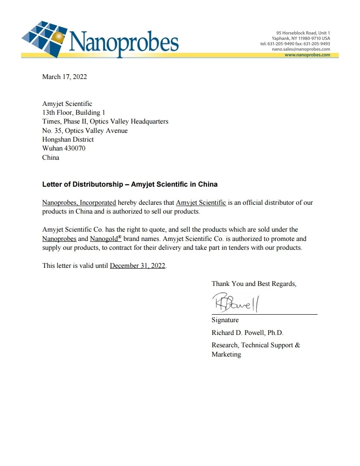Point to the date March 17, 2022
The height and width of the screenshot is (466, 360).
point(64,77)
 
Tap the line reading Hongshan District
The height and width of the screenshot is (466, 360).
point(68,139)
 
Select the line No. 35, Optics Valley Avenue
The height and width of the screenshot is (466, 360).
point(85,131)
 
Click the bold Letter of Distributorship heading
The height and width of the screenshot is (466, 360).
point(130,184)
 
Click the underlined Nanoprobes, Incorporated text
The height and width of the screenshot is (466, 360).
point(79,203)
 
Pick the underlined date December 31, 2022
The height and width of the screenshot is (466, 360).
point(138,266)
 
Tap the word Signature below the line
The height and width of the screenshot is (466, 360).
point(225,320)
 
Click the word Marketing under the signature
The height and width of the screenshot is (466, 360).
point(226,354)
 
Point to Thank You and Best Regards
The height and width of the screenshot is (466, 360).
point(254,284)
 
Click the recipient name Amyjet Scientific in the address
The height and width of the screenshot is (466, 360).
point(67,104)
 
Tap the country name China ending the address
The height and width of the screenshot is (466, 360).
point(51,158)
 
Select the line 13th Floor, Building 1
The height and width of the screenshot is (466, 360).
point(73,113)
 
